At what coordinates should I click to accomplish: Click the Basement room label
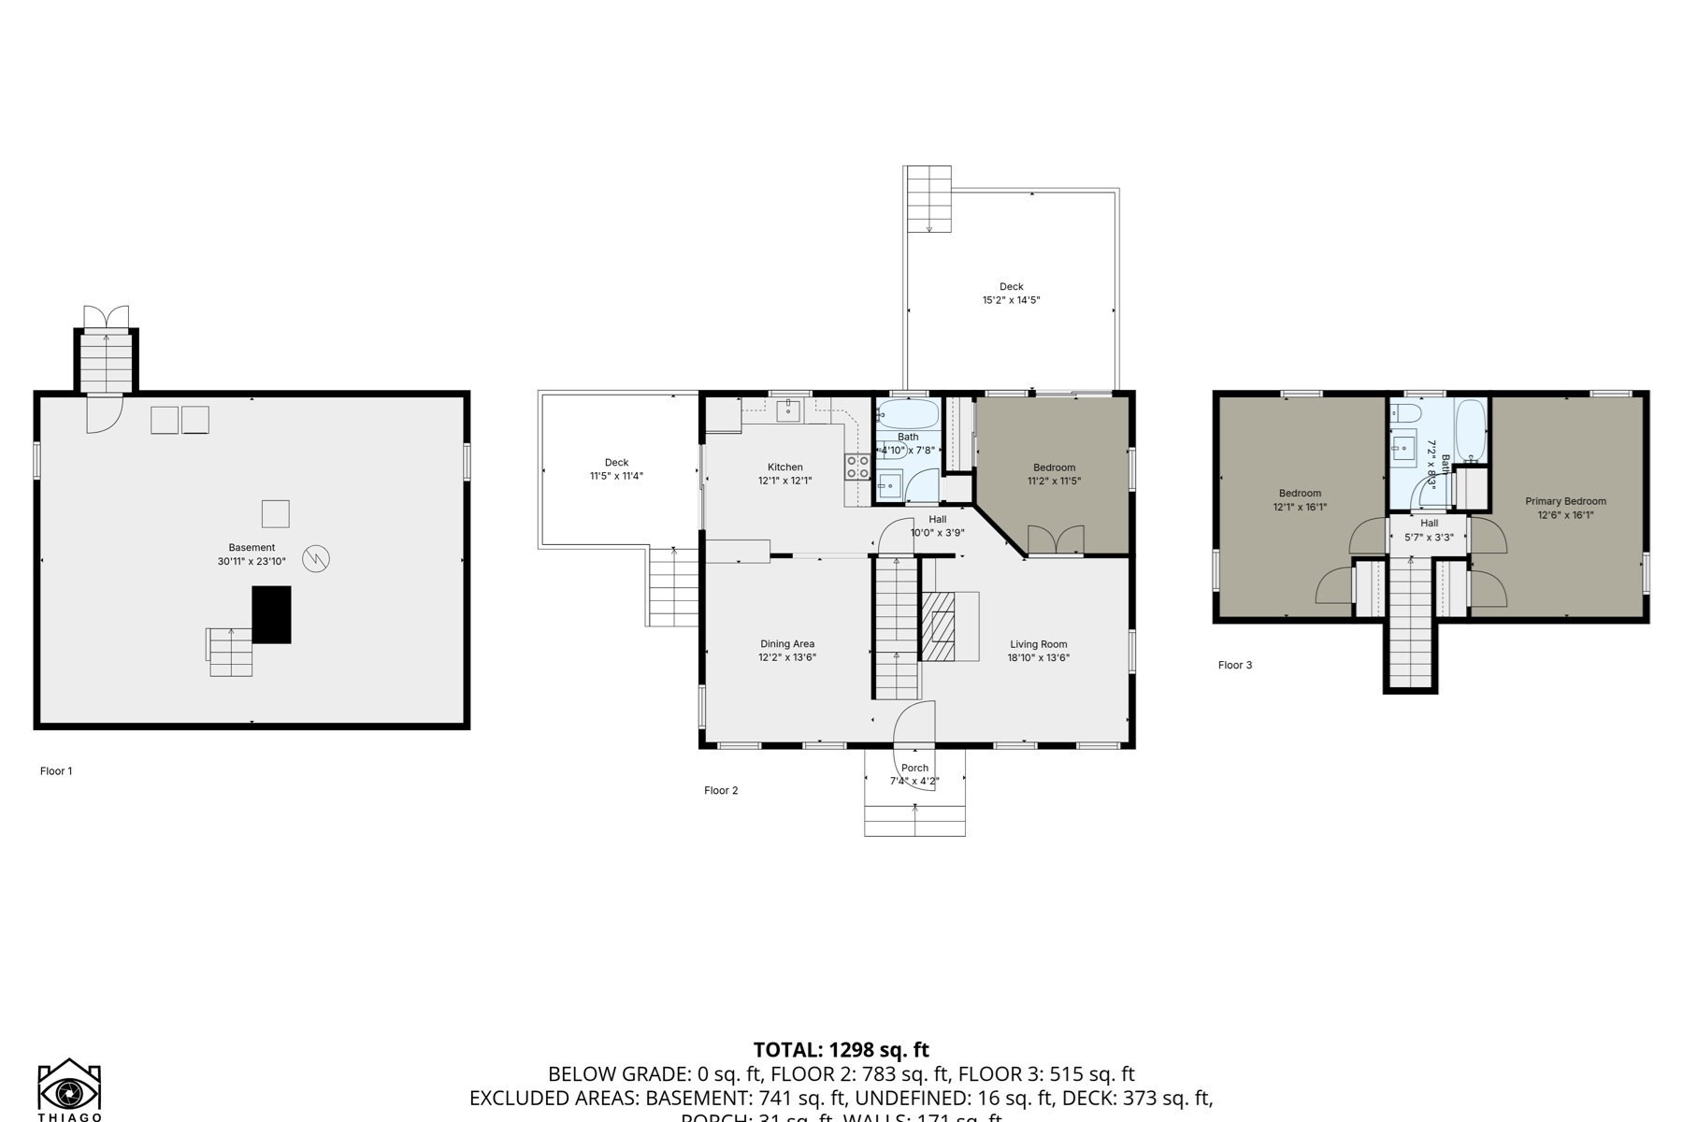[252, 548]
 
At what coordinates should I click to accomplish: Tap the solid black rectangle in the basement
[271, 614]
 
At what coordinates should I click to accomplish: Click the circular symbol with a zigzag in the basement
[316, 559]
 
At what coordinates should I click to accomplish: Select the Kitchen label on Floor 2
[784, 467]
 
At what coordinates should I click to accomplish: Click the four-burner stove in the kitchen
[857, 467]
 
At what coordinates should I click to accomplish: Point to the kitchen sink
[788, 410]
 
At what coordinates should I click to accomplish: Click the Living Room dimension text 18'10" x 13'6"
[1038, 657]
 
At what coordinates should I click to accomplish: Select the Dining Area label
[786, 644]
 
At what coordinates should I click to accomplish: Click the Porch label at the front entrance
[914, 769]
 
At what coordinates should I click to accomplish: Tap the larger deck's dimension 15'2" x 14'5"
[1011, 300]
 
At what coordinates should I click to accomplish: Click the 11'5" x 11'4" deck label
[616, 476]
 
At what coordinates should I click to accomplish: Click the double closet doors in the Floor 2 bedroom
[1056, 540]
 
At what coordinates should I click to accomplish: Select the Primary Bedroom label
[1565, 501]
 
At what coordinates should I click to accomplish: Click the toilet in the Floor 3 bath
[1406, 412]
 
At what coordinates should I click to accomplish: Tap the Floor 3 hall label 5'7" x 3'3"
[1429, 537]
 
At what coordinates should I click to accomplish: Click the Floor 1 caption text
[56, 771]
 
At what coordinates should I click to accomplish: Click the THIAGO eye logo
[69, 1088]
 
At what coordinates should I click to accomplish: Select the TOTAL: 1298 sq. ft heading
[841, 1050]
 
